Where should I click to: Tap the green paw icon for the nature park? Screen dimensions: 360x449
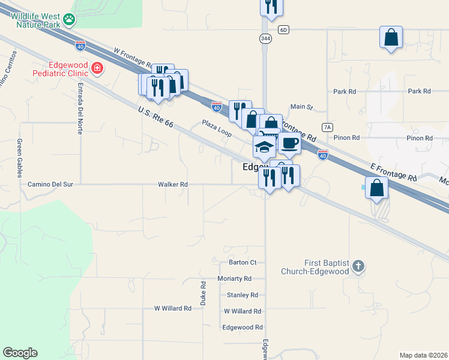pyautogui.click(x=71, y=19)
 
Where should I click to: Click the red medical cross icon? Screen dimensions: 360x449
pyautogui.click(x=97, y=70)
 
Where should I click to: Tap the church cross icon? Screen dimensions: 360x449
pyautogui.click(x=358, y=266)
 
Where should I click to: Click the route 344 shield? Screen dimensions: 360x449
pyautogui.click(x=265, y=38)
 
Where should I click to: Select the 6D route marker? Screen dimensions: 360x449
pyautogui.click(x=284, y=29)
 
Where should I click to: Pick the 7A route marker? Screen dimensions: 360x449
pyautogui.click(x=327, y=127)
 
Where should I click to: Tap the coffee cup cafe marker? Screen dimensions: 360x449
pyautogui.click(x=289, y=143)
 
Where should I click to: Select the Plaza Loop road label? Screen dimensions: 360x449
pyautogui.click(x=217, y=128)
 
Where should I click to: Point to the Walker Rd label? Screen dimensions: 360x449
pyautogui.click(x=173, y=185)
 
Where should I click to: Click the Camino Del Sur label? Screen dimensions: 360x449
pyautogui.click(x=50, y=185)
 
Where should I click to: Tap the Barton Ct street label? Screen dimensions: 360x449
pyautogui.click(x=243, y=262)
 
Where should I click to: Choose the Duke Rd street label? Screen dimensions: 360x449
pyautogui.click(x=203, y=292)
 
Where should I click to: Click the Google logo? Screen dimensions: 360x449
pyautogui.click(x=20, y=353)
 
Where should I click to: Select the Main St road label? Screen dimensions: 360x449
pyautogui.click(x=302, y=107)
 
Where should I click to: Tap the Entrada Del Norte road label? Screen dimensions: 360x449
pyautogui.click(x=79, y=108)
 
